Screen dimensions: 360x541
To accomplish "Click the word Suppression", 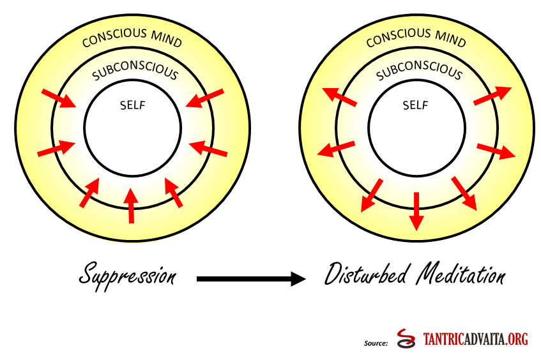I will pos(127,275).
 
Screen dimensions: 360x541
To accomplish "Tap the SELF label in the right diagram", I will pos(415,105).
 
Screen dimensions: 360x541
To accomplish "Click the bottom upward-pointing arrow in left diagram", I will pos(131,205).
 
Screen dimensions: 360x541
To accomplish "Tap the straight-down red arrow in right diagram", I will pos(416,211).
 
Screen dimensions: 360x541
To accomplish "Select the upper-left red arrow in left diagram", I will pos(58,99).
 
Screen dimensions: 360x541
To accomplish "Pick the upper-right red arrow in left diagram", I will pos(206,99).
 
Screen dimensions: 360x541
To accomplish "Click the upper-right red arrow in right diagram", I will pos(492,94).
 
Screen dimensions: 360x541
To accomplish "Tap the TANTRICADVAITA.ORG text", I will pos(476,340).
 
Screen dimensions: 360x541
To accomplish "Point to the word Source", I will pos(376,343).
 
